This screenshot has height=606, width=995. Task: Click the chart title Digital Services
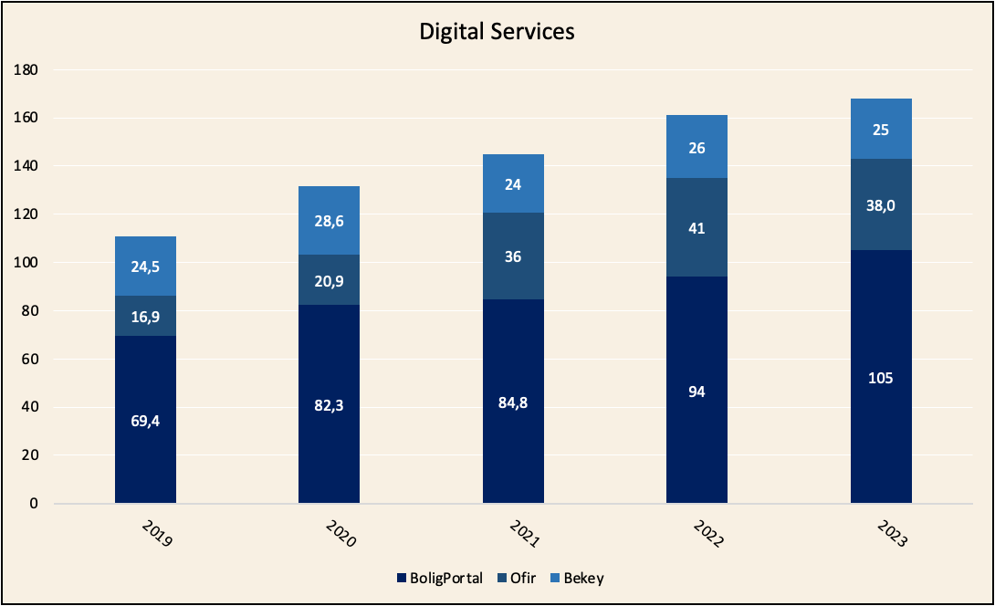click(x=497, y=31)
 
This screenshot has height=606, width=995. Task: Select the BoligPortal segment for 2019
click(x=145, y=392)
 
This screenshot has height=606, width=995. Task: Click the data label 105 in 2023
click(x=880, y=379)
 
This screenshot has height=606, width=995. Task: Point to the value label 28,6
click(x=329, y=221)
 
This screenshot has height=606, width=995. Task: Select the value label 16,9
click(x=145, y=317)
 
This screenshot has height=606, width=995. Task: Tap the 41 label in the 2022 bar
click(x=696, y=228)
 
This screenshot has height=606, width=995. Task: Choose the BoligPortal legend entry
click(x=439, y=578)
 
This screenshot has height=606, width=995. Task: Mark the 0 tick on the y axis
click(x=35, y=504)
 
